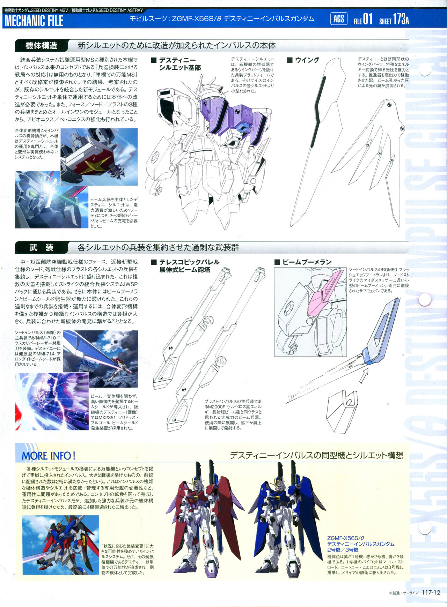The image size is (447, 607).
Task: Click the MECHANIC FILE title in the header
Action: (34, 21)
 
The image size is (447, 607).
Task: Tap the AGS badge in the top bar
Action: (339, 19)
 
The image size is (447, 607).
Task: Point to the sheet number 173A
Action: (401, 20)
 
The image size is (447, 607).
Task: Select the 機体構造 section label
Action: (41, 46)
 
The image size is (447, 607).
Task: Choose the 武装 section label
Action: (41, 248)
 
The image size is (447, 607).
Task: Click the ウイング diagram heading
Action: (303, 60)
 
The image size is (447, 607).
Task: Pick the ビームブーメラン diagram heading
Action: (303, 262)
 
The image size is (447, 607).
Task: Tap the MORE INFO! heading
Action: (49, 456)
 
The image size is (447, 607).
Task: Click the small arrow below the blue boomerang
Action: (364, 376)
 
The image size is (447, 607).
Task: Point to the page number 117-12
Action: (431, 593)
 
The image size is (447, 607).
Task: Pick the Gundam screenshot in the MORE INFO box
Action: (61, 545)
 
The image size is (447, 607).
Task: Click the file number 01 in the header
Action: (368, 19)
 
